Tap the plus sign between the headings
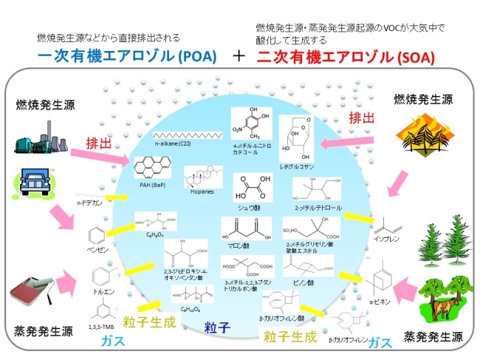tap(239, 56)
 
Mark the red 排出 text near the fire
tap(360, 118)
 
